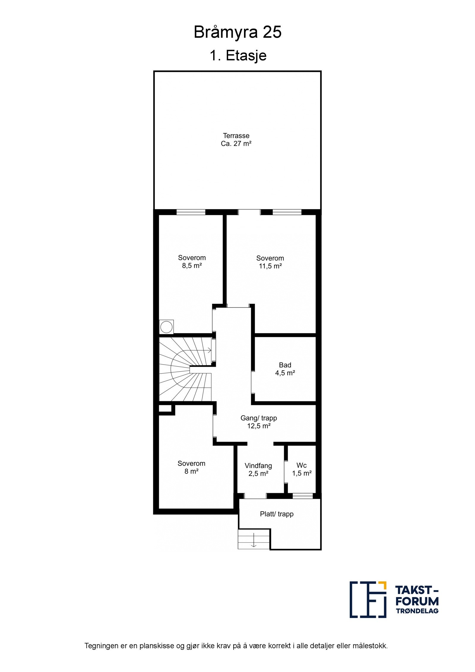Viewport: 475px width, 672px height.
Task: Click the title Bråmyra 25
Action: click(x=237, y=32)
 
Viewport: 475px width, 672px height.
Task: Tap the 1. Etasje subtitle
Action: click(x=238, y=56)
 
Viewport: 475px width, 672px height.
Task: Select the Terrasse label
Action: click(x=236, y=136)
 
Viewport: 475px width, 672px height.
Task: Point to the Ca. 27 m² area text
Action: click(x=236, y=144)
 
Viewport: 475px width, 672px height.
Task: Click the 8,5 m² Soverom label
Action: click(x=192, y=258)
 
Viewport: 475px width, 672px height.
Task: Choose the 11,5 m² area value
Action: click(x=270, y=266)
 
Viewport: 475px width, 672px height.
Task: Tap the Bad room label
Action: click(x=285, y=365)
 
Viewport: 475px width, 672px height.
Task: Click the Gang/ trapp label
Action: click(x=259, y=418)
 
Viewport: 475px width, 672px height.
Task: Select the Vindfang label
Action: click(x=258, y=466)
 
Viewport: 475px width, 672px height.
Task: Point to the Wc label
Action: click(x=301, y=465)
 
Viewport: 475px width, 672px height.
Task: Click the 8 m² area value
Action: click(x=191, y=471)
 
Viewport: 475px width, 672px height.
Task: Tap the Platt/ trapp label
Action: click(x=277, y=514)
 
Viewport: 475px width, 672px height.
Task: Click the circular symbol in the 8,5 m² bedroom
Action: click(x=166, y=327)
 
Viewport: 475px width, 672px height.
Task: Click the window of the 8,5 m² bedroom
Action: click(x=191, y=212)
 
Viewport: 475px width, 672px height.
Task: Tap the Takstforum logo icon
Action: click(x=368, y=600)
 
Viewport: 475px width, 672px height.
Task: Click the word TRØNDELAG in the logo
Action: click(x=417, y=611)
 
